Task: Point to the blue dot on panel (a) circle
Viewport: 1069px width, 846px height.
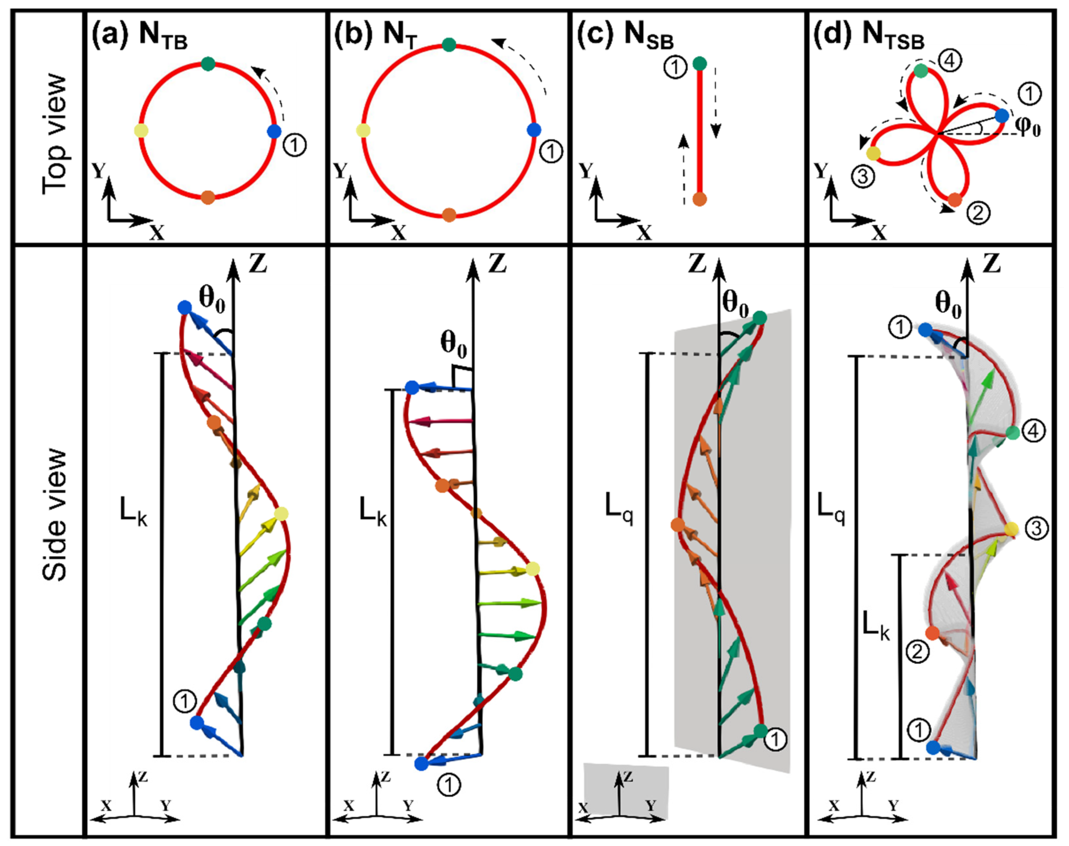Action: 274,131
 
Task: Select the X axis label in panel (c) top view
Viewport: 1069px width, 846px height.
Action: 644,232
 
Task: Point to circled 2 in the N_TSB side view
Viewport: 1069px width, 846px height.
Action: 918,652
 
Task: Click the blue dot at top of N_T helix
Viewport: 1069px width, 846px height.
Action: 411,388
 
